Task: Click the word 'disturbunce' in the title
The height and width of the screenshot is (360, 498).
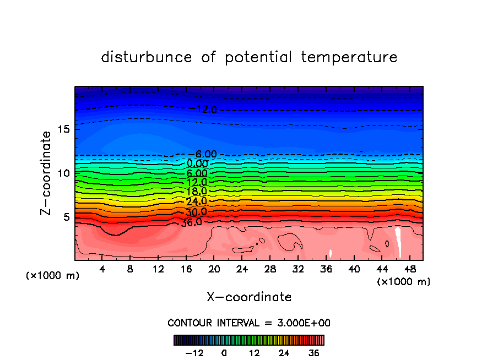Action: tap(147, 57)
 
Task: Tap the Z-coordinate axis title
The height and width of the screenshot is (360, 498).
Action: tap(46, 173)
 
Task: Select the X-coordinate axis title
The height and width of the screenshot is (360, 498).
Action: tap(249, 297)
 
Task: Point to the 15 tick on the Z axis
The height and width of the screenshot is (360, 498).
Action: tap(62, 129)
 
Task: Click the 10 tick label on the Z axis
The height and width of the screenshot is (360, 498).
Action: tap(62, 173)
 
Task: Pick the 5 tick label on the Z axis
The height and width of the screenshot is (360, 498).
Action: tap(65, 217)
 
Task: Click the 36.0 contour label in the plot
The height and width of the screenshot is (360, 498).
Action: tap(191, 222)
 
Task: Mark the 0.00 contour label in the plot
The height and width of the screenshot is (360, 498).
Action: tap(197, 163)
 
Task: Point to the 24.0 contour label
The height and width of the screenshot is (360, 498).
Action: tap(196, 201)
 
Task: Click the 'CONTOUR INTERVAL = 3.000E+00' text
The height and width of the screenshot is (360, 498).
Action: tap(249, 323)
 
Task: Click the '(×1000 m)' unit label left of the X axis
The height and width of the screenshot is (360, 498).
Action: tap(53, 276)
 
